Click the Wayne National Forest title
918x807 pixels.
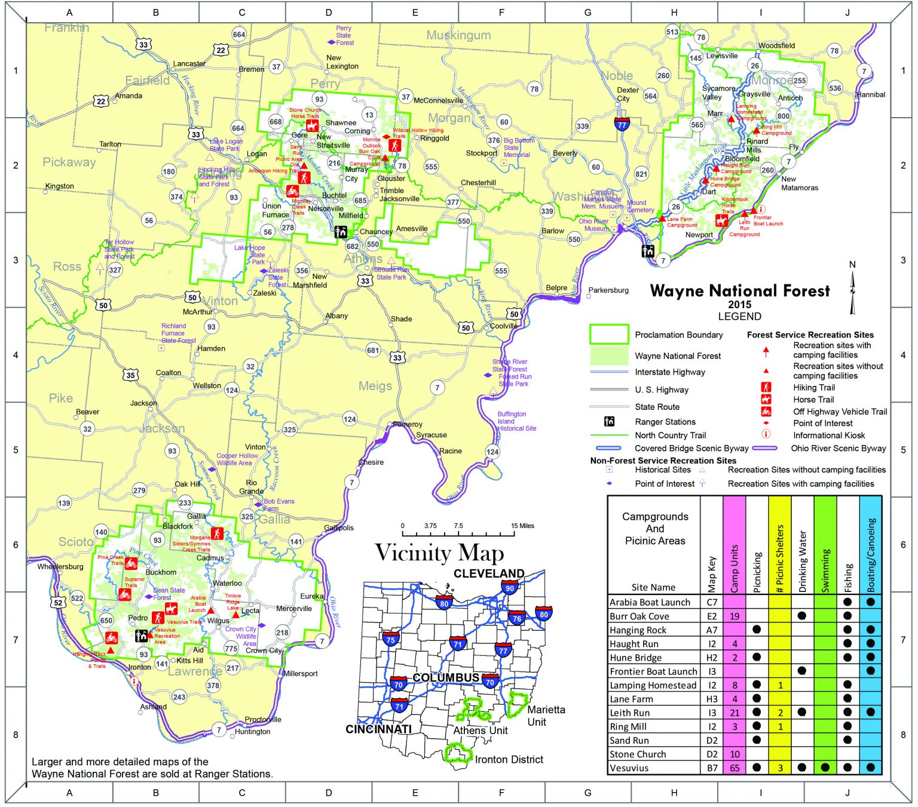tap(739, 291)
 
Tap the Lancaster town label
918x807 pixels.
tap(189, 64)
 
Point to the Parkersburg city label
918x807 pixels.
tap(608, 290)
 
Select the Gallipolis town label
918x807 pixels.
tap(339, 527)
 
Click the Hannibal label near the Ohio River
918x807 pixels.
tap(871, 94)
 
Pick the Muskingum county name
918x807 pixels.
tap(458, 35)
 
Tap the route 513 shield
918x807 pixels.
tap(672, 32)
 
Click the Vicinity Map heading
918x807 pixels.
tap(439, 553)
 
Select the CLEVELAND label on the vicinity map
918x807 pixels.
tap(488, 573)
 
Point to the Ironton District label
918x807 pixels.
tap(509, 759)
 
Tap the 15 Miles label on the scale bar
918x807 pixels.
tap(522, 526)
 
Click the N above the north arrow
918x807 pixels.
tap(852, 265)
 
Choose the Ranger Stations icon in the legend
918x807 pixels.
tap(609, 422)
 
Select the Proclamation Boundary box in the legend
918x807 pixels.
tap(609, 335)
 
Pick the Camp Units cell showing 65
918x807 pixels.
tap(735, 768)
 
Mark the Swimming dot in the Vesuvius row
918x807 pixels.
tap(825, 768)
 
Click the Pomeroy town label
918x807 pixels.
tap(408, 424)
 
